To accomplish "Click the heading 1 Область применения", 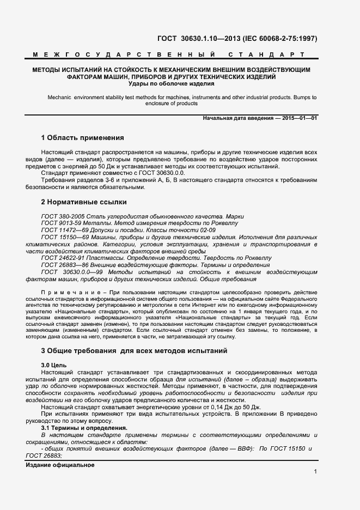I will coord(82,137).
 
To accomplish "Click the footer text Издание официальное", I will coord(60,465).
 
